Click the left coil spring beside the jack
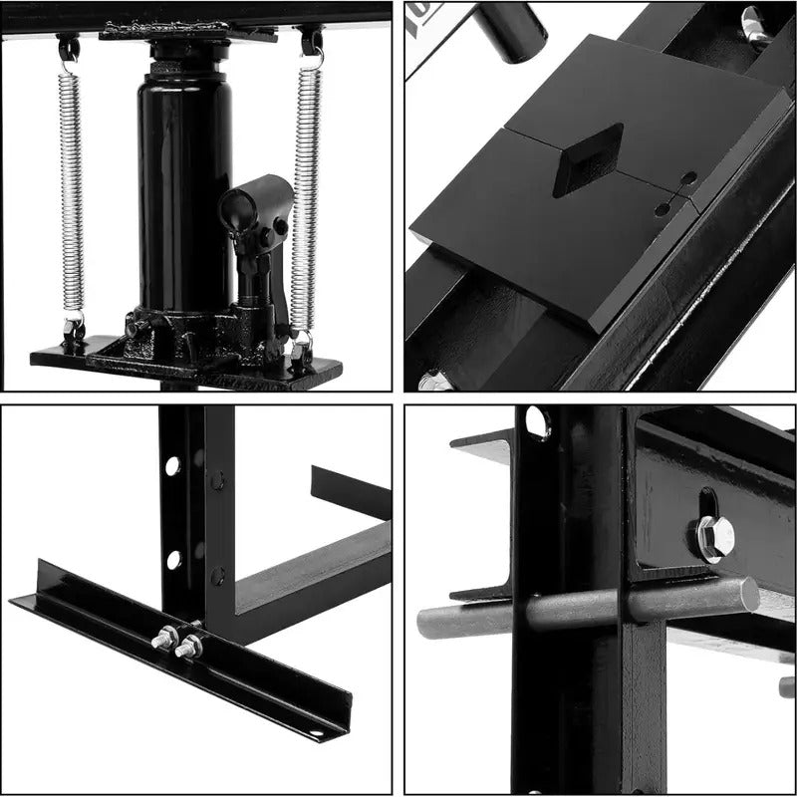pos(70,189)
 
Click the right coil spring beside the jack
pos(305,189)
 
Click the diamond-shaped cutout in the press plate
pos(588,158)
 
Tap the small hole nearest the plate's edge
pos(688,179)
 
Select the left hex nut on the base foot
pos(161,641)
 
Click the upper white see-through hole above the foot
pos(172,465)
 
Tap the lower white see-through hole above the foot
pos(172,559)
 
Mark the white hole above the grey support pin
pos(538,422)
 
